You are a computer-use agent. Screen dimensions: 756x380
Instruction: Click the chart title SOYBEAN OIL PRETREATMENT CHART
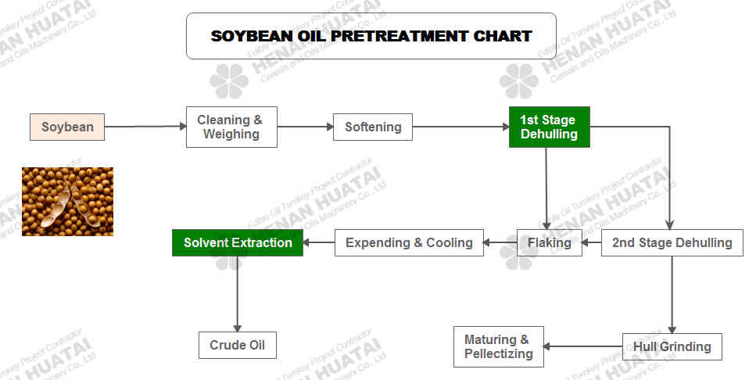(x=371, y=36)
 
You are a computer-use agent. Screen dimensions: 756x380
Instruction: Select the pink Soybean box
(x=67, y=127)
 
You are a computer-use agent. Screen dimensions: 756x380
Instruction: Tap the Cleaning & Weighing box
(x=232, y=127)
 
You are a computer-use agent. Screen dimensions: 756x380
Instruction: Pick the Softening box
(x=373, y=127)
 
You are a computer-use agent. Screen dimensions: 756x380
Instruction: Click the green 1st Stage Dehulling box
(x=550, y=127)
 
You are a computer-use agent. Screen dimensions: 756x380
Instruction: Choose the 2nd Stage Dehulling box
(x=672, y=242)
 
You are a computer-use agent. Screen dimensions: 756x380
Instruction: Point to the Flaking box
(x=549, y=242)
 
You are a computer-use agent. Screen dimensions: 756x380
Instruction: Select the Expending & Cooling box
(x=409, y=242)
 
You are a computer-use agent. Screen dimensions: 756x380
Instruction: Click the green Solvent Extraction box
(x=238, y=242)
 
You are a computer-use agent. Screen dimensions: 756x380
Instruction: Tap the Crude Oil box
(x=237, y=346)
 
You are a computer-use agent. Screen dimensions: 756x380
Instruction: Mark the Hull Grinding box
(x=672, y=346)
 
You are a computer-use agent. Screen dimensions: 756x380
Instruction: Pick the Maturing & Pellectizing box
(x=499, y=346)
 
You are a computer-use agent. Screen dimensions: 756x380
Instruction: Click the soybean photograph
(x=67, y=202)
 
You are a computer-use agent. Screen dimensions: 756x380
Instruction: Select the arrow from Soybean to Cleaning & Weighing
(x=145, y=127)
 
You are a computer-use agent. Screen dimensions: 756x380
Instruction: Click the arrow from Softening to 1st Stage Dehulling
(x=461, y=127)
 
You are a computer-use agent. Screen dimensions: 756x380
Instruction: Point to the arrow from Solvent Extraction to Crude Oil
(x=237, y=294)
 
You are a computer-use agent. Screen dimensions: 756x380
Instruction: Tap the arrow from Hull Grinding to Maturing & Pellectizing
(x=583, y=346)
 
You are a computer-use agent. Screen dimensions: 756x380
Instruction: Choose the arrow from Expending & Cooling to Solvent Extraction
(x=319, y=242)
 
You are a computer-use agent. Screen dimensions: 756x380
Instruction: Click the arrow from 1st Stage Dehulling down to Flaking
(x=546, y=188)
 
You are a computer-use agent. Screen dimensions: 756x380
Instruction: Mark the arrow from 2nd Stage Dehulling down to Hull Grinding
(x=672, y=295)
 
